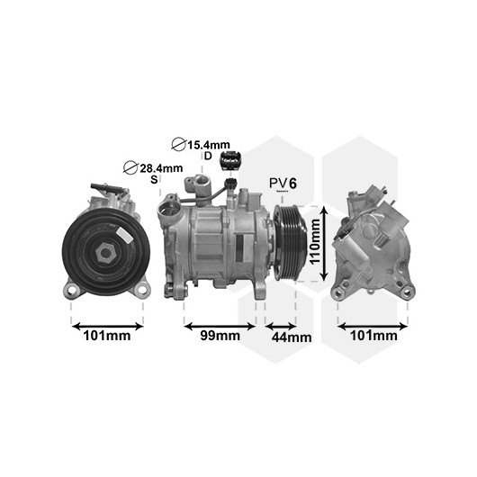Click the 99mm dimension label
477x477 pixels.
(x=220, y=336)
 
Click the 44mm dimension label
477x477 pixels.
(x=292, y=337)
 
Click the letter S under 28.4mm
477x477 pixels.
(x=154, y=179)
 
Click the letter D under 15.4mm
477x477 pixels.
(x=208, y=156)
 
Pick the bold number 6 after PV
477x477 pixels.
(x=292, y=183)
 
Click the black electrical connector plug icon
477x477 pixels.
(x=231, y=159)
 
